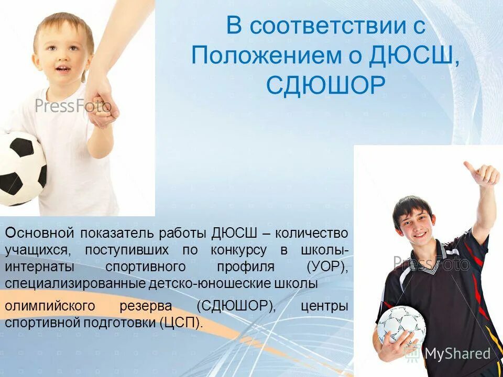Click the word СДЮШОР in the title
[x=326, y=85]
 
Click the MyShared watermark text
[x=457, y=353]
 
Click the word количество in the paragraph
[x=311, y=232]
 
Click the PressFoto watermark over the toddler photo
[x=73, y=106]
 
